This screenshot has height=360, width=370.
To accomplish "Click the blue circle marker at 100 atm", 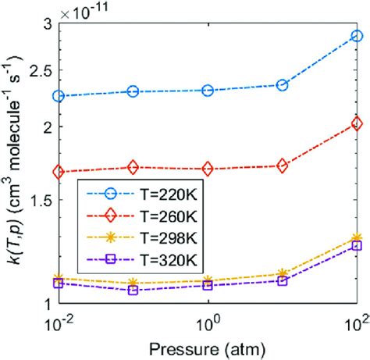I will tap(357, 36).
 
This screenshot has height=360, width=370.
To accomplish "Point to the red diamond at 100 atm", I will tap(357, 123).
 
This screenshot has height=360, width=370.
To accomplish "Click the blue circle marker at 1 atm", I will tap(208, 91).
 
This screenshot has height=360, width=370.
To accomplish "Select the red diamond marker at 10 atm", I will tap(283, 166).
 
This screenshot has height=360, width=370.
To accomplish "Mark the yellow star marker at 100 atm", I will tap(357, 237).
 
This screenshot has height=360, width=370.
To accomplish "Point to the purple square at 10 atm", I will tap(283, 280).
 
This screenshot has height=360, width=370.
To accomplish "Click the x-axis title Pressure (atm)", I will tap(208, 346).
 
